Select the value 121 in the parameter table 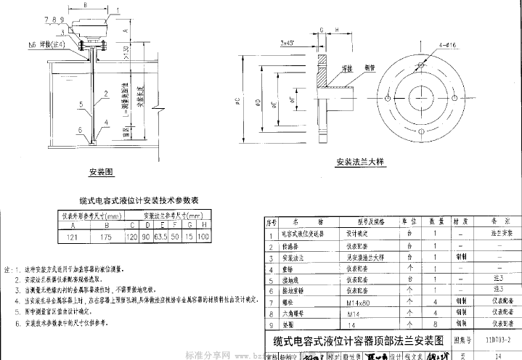tap(73, 237)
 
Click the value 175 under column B tap(107, 237)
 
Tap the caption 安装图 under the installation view tap(102, 173)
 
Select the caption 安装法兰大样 tap(362, 163)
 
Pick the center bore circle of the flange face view tap(420, 97)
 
